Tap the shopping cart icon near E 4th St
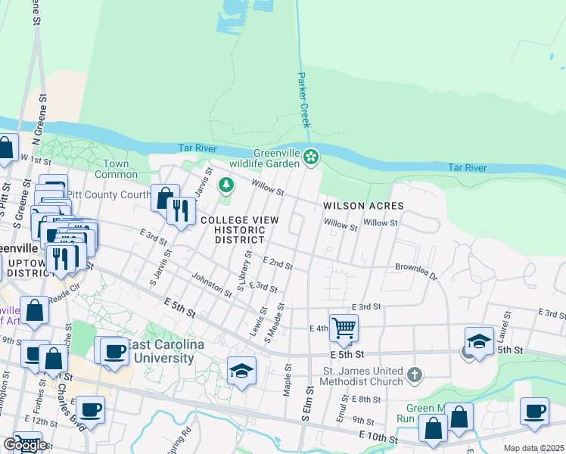click(344, 327)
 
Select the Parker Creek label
click(303, 99)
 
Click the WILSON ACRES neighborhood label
click(363, 206)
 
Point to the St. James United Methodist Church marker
click(414, 375)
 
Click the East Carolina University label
click(164, 352)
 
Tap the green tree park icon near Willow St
click(225, 184)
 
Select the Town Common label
click(116, 169)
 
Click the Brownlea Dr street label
click(416, 269)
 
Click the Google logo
click(25, 444)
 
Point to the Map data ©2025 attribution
click(534, 448)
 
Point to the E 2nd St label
click(277, 263)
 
